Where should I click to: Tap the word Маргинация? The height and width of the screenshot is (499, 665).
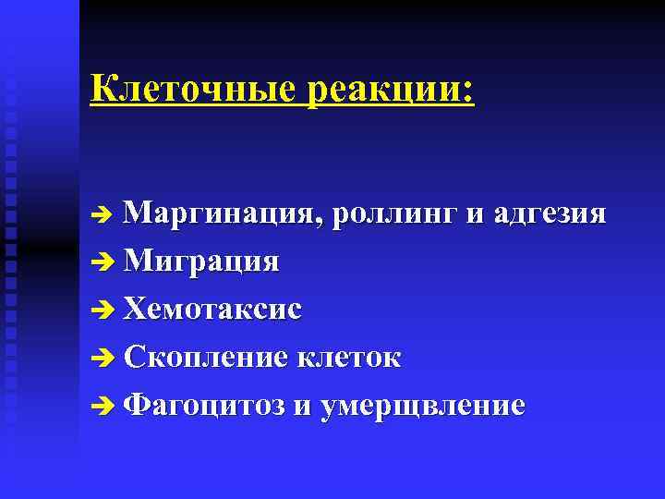click(x=224, y=215)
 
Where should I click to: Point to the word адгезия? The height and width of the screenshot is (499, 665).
click(x=550, y=215)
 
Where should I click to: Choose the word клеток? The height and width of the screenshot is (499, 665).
click(x=349, y=357)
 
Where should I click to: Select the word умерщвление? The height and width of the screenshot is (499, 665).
click(x=422, y=406)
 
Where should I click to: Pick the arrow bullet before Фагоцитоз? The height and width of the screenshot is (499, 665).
click(x=103, y=407)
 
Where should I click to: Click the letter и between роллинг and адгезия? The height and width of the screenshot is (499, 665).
click(x=475, y=217)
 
